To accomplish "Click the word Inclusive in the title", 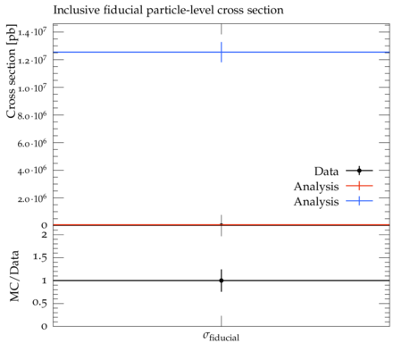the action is click(x=76, y=10).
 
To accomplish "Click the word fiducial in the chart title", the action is click(x=123, y=10).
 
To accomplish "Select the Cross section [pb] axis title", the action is click(x=11, y=71).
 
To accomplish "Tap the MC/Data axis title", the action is click(x=14, y=276).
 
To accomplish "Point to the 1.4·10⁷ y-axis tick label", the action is click(x=32, y=32).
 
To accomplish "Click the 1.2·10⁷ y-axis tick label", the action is click(x=32, y=60).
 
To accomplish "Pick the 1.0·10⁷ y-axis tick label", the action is click(x=32, y=88).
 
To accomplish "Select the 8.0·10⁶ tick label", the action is click(x=32, y=115).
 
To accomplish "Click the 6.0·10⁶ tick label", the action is click(x=32, y=143).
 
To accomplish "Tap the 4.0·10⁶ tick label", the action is click(x=32, y=171).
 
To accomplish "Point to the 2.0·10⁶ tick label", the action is click(x=32, y=198).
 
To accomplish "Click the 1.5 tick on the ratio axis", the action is click(x=39, y=257).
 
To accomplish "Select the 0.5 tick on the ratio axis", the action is click(x=39, y=303).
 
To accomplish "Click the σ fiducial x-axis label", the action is click(x=221, y=337).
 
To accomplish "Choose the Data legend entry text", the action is click(x=326, y=172).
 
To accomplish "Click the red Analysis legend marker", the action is click(x=359, y=186).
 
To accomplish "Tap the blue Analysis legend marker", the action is click(x=359, y=201).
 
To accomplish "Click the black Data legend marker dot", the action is click(x=359, y=171).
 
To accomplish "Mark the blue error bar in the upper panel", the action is click(x=222, y=52).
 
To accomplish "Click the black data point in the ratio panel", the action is click(x=222, y=280).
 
